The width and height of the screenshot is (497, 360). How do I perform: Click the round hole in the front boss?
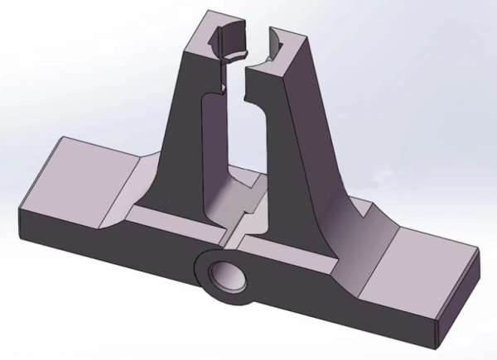(x=225, y=274)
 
